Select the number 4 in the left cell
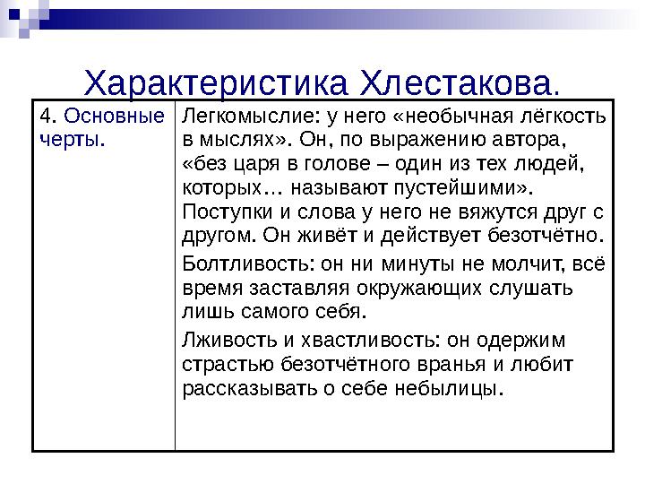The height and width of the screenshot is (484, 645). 45,118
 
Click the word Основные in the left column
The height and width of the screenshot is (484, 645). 116,118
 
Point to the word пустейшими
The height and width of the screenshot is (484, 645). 480,189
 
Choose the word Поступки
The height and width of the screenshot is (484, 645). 216,212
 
